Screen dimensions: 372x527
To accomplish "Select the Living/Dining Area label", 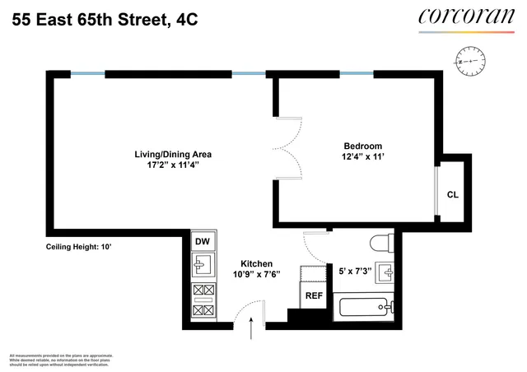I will coord(174,154).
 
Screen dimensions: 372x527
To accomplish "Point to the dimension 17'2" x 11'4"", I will coord(174,165).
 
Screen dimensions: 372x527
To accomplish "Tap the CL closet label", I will coord(452,195).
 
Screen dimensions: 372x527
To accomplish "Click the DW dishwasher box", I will coord(201,241).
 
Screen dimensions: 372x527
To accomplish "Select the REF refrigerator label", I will coord(314,295).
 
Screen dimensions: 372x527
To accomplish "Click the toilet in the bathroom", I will coord(380,244).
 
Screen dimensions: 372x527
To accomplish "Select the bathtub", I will coord(367,309).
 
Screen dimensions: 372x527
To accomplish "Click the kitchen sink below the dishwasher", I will coord(201,265).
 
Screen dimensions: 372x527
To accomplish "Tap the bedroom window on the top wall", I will coord(357,75).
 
